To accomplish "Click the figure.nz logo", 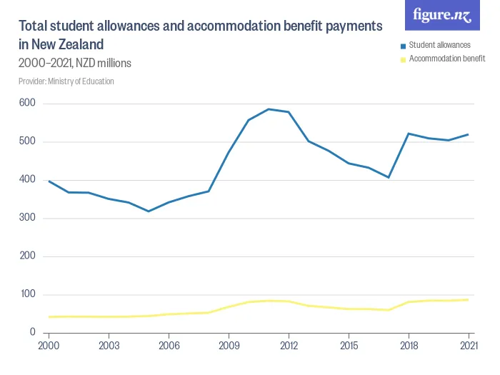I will click(x=442, y=16).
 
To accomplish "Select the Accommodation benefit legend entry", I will click(x=446, y=59).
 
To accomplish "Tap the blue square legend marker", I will click(x=403, y=46).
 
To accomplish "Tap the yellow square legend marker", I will click(x=403, y=59).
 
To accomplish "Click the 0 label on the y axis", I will click(x=33, y=332).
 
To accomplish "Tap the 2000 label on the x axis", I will click(x=49, y=345).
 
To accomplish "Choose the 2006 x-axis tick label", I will click(x=169, y=345).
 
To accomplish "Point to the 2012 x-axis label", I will click(x=289, y=345).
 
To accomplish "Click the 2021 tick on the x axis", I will click(x=468, y=345).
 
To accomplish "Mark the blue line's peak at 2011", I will click(x=269, y=109).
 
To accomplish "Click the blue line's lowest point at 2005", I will click(x=149, y=211).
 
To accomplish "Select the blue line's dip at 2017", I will click(x=389, y=177).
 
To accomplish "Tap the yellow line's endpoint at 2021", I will click(x=469, y=299).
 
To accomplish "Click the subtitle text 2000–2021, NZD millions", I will click(x=75, y=64).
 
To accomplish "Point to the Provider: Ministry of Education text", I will click(x=66, y=81).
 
